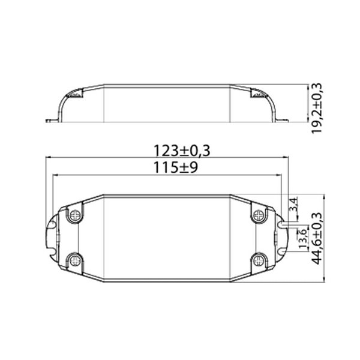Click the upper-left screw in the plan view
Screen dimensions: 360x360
75,214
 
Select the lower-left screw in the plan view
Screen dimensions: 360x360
75,259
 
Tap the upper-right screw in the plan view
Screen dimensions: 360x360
259,214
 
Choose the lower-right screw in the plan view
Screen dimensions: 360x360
259,259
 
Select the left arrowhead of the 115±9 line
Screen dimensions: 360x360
56,176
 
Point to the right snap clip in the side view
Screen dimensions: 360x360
259,94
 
